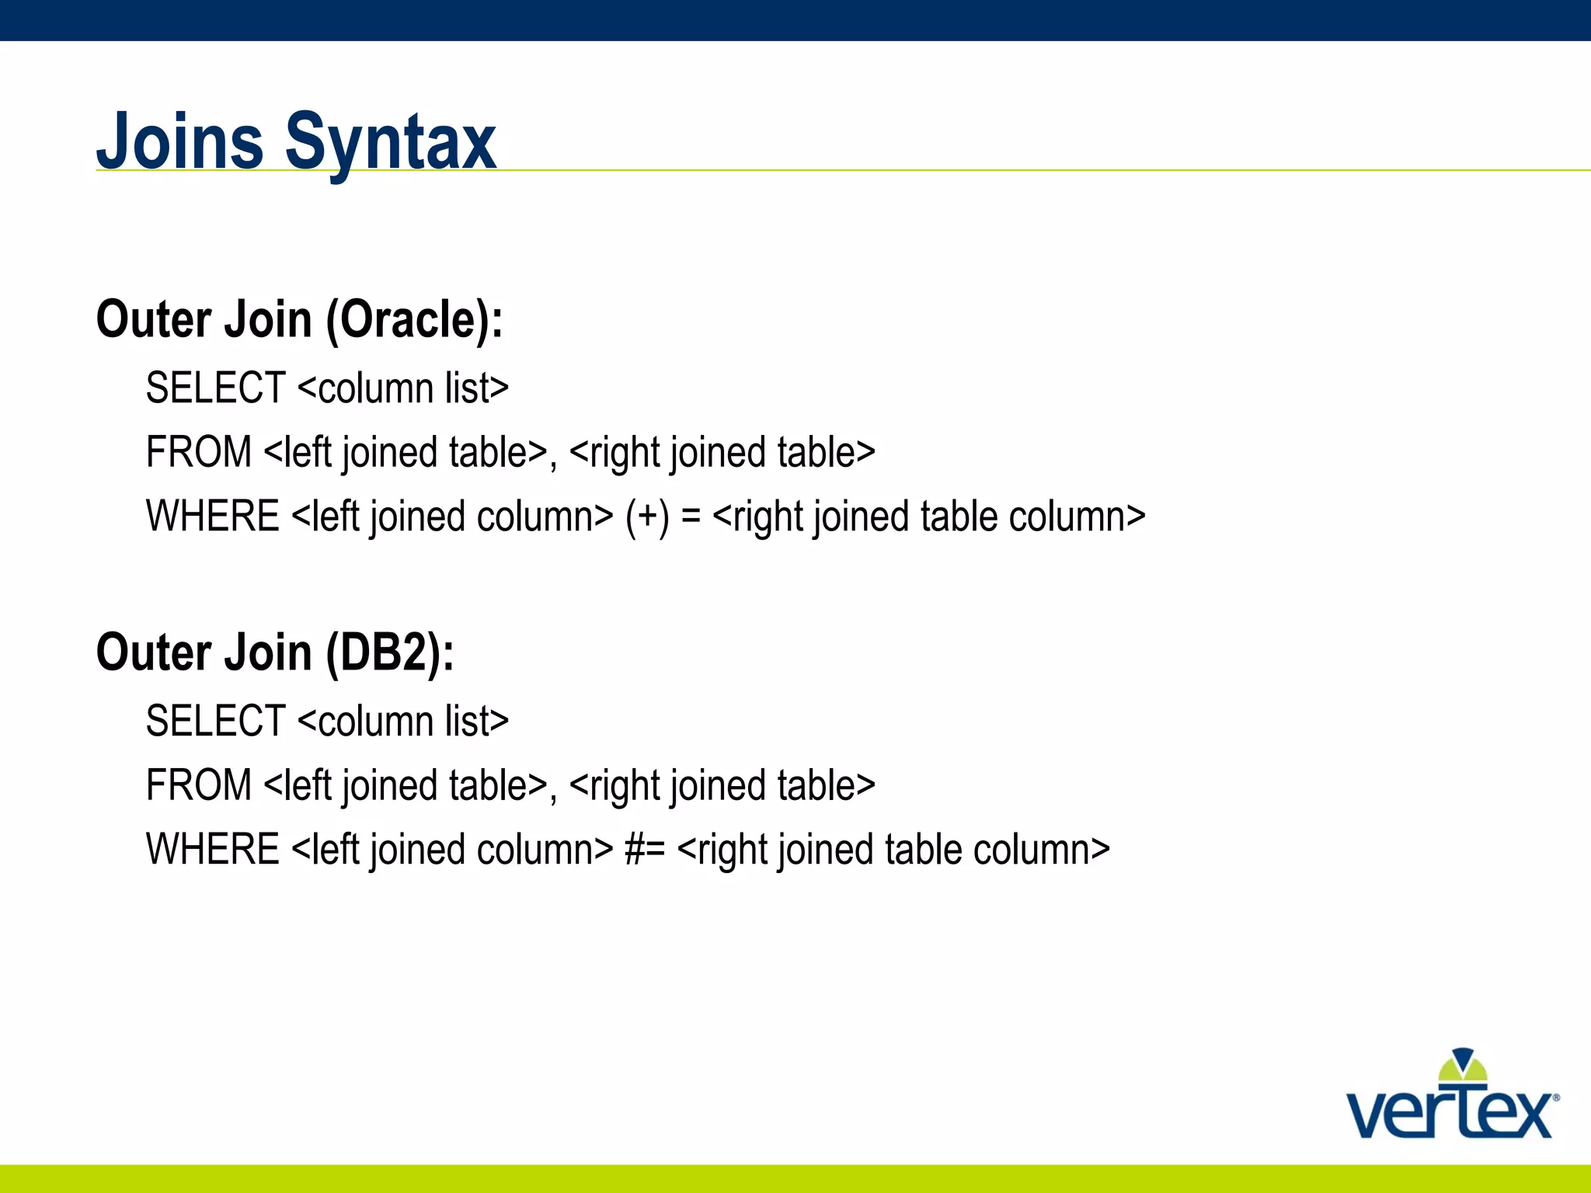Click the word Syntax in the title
[391, 144]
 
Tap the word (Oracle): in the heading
[414, 320]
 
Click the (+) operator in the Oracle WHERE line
[647, 517]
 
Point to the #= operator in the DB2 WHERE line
[645, 850]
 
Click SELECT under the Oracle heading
[216, 388]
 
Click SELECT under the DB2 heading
[216, 721]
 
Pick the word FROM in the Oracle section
[199, 452]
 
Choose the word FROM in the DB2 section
[199, 785]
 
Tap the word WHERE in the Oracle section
[213, 517]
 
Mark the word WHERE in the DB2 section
[213, 850]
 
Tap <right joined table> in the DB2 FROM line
[722, 785]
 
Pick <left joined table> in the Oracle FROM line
[406, 452]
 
